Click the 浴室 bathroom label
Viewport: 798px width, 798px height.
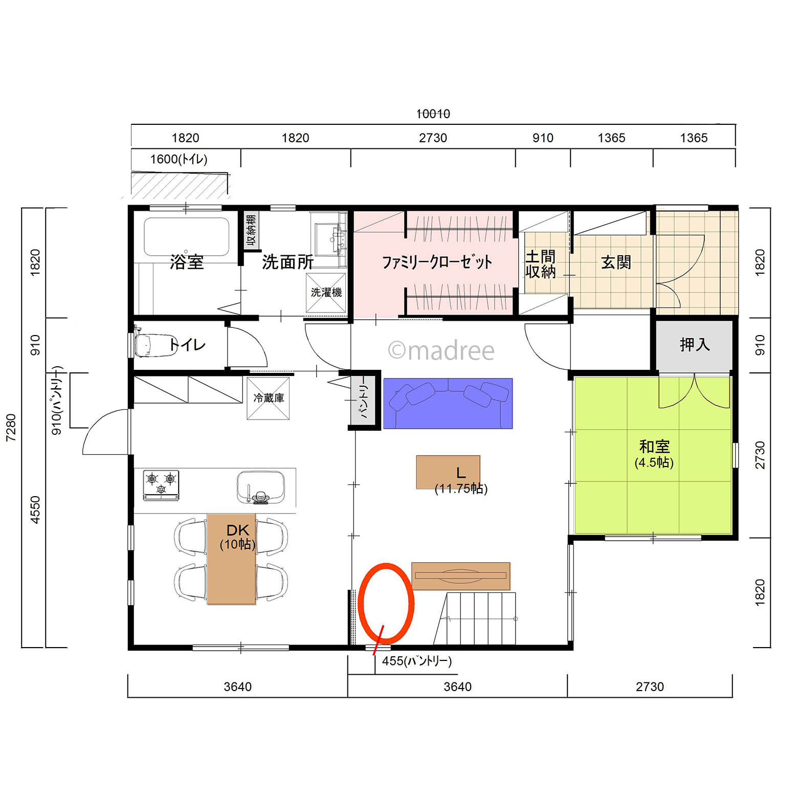[x=187, y=262]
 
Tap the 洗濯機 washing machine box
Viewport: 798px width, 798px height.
[x=326, y=293]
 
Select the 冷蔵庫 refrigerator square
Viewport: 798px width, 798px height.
[x=269, y=398]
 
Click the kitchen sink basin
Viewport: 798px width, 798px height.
[x=261, y=487]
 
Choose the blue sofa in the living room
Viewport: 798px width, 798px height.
[x=448, y=404]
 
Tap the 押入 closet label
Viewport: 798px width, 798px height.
[x=695, y=344]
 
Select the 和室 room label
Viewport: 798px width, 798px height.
[x=654, y=447]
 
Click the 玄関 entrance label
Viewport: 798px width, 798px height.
[x=616, y=262]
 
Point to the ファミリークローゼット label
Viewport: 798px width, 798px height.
[x=437, y=262]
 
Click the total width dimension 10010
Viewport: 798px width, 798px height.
[x=433, y=114]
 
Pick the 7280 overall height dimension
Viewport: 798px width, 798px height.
[x=11, y=428]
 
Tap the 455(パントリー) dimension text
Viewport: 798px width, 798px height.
[x=417, y=661]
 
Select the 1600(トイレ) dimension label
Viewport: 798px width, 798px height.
[x=179, y=159]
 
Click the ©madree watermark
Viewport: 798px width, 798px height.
[x=441, y=351]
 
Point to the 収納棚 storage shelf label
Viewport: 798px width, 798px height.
[x=251, y=230]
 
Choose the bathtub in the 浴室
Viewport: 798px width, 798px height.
[x=187, y=237]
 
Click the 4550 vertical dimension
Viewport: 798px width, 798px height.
[x=35, y=509]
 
